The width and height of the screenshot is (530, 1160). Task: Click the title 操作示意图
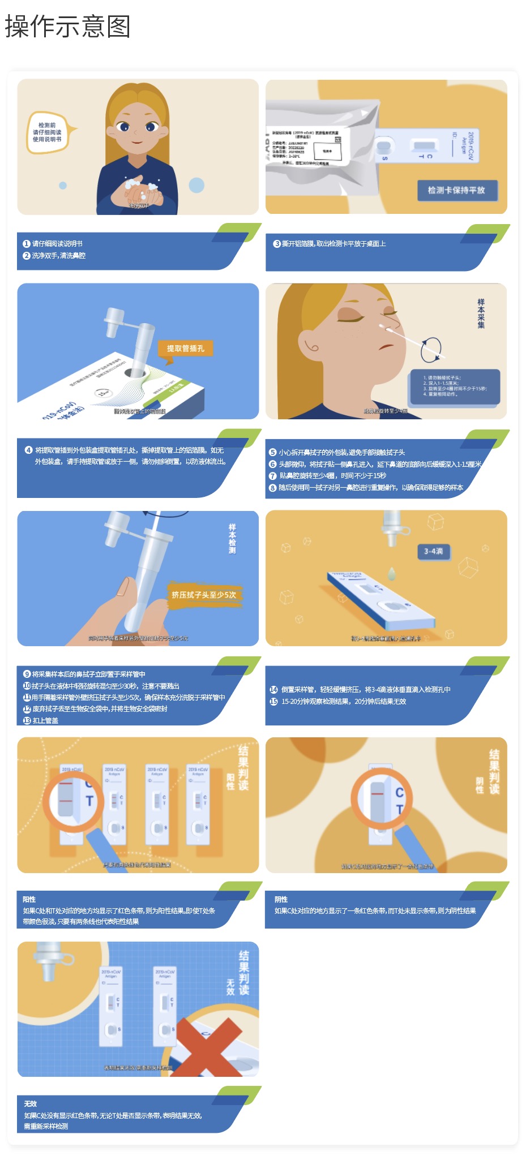coord(68,27)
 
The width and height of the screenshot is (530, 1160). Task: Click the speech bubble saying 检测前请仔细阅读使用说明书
coord(48,132)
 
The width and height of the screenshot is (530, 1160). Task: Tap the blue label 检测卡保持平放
coord(456,190)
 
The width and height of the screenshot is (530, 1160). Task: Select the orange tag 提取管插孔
coord(185,349)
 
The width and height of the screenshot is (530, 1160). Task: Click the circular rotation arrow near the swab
coord(431,349)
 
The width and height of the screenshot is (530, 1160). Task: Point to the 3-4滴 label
coord(434,551)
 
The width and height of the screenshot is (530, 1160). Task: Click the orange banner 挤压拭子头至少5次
coord(204,595)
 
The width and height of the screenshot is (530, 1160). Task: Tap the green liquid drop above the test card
coord(391,573)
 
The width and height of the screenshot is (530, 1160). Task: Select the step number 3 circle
coord(277,244)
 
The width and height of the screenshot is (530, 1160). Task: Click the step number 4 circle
coord(28,450)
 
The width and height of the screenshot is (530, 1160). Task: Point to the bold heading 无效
coord(31,1104)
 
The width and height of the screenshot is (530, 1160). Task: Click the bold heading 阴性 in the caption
coord(281,900)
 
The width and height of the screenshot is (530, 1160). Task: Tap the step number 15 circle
coord(273,702)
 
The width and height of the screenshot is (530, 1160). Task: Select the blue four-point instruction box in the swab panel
coord(455,386)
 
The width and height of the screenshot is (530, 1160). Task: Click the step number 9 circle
coord(27,674)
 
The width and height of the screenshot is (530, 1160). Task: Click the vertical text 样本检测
coord(232,539)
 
